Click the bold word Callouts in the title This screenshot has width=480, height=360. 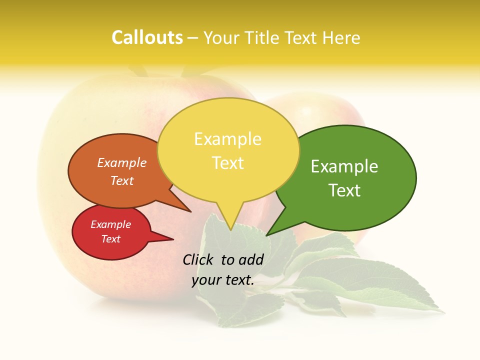(x=147, y=37)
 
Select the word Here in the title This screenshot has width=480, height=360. (x=341, y=37)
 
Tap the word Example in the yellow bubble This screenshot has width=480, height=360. (x=227, y=138)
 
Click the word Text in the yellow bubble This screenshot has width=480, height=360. (x=227, y=162)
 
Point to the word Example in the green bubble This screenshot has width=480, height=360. (x=344, y=166)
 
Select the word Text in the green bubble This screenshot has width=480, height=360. (x=344, y=190)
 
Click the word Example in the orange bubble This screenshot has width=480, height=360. (x=122, y=162)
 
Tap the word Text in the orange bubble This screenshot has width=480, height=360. (x=122, y=180)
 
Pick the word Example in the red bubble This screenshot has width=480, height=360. (x=111, y=224)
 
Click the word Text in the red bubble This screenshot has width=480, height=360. (x=111, y=239)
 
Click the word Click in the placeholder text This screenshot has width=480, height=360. (x=199, y=259)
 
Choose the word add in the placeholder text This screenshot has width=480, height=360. (x=251, y=259)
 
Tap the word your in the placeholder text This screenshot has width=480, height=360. (x=205, y=280)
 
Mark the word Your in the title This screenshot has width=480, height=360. (x=220, y=37)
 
